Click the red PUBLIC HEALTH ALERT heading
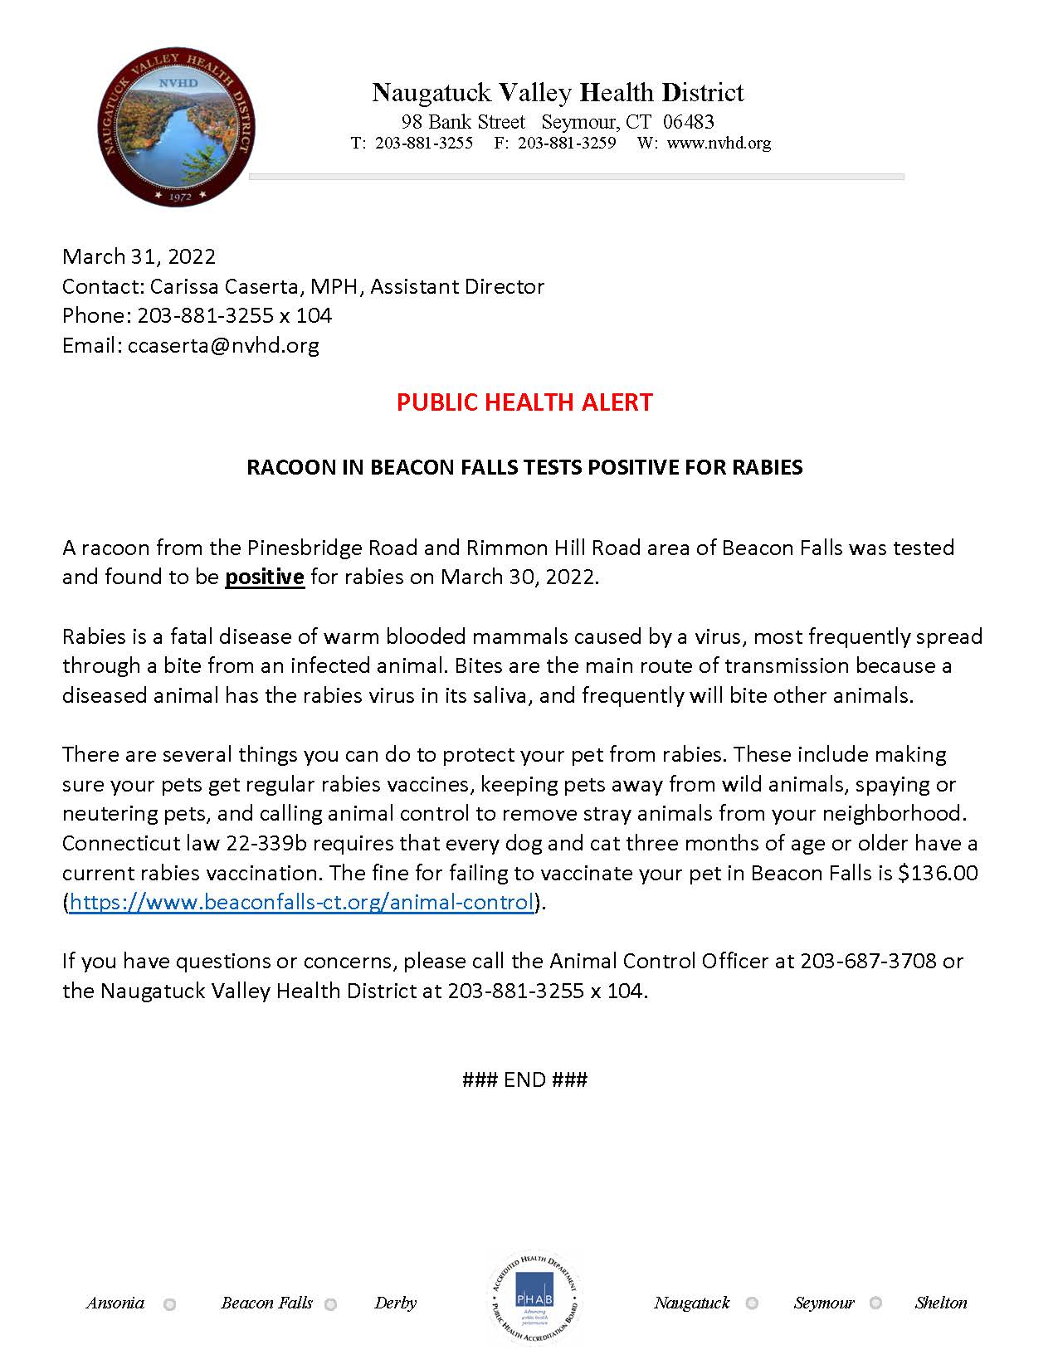[x=524, y=402]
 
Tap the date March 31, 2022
[x=139, y=256]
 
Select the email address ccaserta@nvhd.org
[x=223, y=345]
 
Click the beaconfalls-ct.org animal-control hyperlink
[x=300, y=902]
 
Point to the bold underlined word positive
[x=265, y=577]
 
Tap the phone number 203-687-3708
[x=868, y=961]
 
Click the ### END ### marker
[x=524, y=1079]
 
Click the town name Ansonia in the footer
[x=115, y=1303]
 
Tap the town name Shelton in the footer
[x=941, y=1303]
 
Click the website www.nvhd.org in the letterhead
[x=719, y=143]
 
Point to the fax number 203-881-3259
[x=567, y=143]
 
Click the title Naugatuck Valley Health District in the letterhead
[x=558, y=92]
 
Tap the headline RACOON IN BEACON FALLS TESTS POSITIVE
[x=524, y=467]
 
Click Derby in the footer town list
[x=395, y=1303]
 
